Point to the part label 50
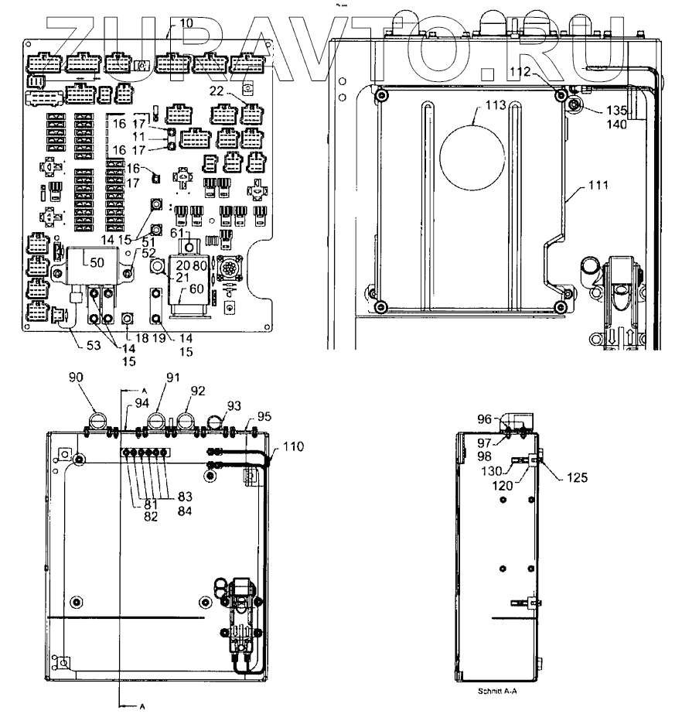[97, 263]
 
